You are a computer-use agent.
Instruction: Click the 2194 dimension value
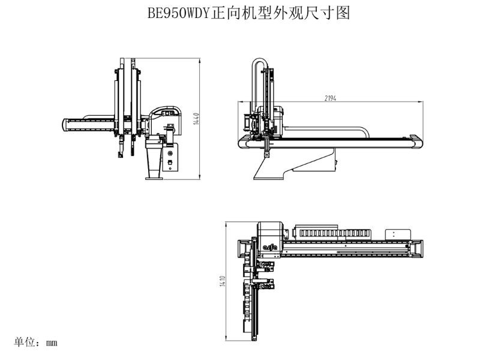click(x=331, y=98)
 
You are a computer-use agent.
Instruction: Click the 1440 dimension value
click(x=196, y=119)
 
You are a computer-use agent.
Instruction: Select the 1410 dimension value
click(x=223, y=281)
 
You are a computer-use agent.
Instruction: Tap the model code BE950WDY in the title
click(x=178, y=13)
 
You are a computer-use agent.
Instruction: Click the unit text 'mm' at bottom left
click(x=52, y=343)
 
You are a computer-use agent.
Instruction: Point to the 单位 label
click(x=24, y=342)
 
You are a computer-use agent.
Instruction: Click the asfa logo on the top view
click(x=269, y=246)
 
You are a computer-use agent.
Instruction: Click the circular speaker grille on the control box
click(x=170, y=153)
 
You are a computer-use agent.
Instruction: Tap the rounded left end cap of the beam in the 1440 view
click(x=65, y=125)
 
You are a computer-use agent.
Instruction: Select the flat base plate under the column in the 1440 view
click(x=154, y=178)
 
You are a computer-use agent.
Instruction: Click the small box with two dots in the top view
click(x=398, y=234)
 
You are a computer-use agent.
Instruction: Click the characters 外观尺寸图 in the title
click(x=311, y=13)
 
